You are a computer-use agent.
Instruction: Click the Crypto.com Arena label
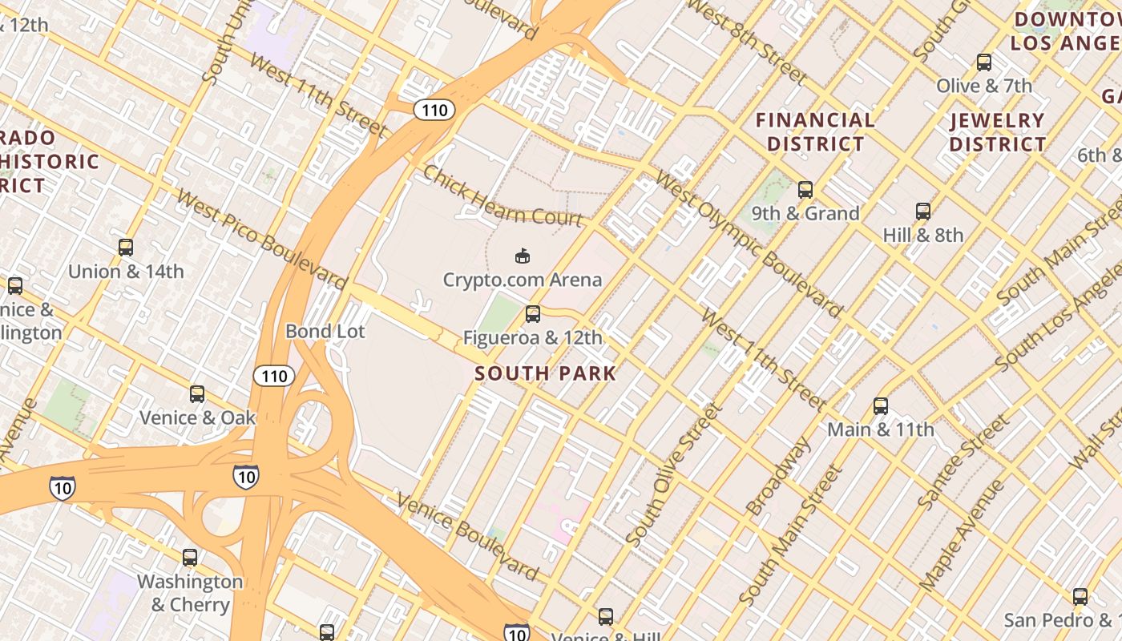[x=523, y=280]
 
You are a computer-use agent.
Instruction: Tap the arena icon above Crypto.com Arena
[x=523, y=256]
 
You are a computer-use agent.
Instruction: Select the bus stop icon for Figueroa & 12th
[x=533, y=314]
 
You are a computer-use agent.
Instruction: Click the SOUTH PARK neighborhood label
[x=546, y=373]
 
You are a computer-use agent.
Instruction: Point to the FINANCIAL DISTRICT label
[x=816, y=132]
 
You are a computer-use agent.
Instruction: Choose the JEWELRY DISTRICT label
[x=998, y=132]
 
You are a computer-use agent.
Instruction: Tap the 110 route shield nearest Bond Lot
[x=274, y=375]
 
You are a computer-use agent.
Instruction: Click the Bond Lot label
[x=325, y=331]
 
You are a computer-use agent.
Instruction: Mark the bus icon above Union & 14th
[x=126, y=248]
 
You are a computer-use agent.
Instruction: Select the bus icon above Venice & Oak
[x=197, y=394]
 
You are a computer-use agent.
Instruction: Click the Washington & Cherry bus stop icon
[x=190, y=558]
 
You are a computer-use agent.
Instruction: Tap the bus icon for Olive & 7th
[x=984, y=62]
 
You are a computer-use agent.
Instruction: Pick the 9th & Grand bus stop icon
[x=805, y=190]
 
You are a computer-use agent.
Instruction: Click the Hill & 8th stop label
[x=923, y=235]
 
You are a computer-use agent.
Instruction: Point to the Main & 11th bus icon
[x=881, y=406]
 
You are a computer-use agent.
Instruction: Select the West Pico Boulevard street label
[x=261, y=240]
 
